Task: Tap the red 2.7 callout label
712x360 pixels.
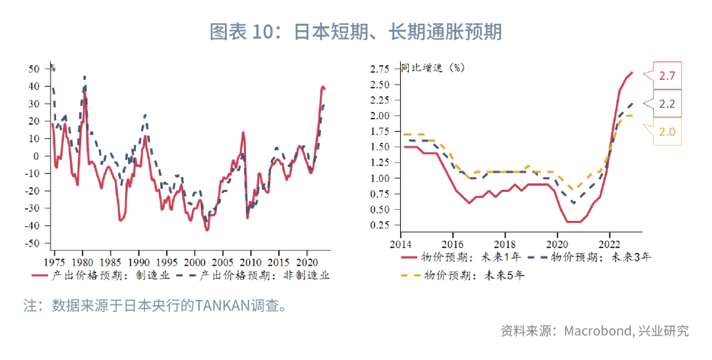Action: coord(667,76)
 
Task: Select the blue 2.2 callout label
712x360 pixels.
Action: coord(667,104)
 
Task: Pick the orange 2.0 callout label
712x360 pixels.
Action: coord(667,131)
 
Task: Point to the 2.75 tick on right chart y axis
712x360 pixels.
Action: coord(382,69)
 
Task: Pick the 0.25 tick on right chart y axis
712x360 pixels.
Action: coord(382,225)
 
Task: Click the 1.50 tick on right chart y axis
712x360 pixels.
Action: coord(382,147)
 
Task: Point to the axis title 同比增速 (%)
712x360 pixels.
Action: coord(432,68)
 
